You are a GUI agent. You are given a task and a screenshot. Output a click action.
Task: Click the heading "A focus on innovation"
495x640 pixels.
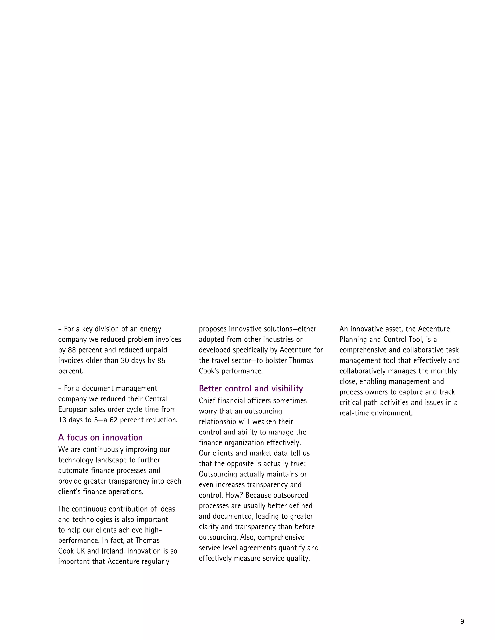[100, 438]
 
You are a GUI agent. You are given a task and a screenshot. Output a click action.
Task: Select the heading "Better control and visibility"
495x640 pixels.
[251, 389]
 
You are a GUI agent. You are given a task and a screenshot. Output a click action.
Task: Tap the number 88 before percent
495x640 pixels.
[72, 350]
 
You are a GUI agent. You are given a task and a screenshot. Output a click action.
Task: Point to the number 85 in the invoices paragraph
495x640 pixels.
[161, 361]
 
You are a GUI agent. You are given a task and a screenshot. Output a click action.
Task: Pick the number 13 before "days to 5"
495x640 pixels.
[62, 420]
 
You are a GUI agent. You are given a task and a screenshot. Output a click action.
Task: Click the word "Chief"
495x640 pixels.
[207, 401]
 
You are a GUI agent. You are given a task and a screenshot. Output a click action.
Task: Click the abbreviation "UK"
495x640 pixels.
[81, 551]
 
